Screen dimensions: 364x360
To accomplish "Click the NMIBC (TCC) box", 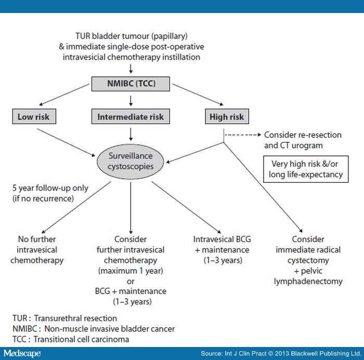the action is coord(131,84).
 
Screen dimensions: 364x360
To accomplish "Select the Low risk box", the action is coord(34,116).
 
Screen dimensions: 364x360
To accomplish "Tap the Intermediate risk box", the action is coord(131,116).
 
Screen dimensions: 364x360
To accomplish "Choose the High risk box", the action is coord(227,116).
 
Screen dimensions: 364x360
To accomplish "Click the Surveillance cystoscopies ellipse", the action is coord(131,162).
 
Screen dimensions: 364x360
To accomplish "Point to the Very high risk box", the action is coord(306,169).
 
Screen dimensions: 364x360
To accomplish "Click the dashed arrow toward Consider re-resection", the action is coord(243,135).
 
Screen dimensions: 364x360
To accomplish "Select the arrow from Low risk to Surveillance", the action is coord(66,142).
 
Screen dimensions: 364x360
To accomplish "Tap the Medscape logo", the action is coord(22,353).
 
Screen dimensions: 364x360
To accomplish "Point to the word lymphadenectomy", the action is coord(308,282).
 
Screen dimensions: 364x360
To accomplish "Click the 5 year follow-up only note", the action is coord(50,193).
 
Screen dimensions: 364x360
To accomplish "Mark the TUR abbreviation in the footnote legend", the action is coord(20,318).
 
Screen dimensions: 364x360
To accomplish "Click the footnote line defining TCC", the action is coord(71,339).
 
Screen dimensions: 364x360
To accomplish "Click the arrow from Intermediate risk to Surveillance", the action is coord(131,135).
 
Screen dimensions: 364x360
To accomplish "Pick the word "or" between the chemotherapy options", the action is coord(131,282).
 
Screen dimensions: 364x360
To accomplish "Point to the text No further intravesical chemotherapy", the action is coord(37,249).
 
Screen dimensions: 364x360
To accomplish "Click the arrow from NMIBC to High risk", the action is coord(198,95).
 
